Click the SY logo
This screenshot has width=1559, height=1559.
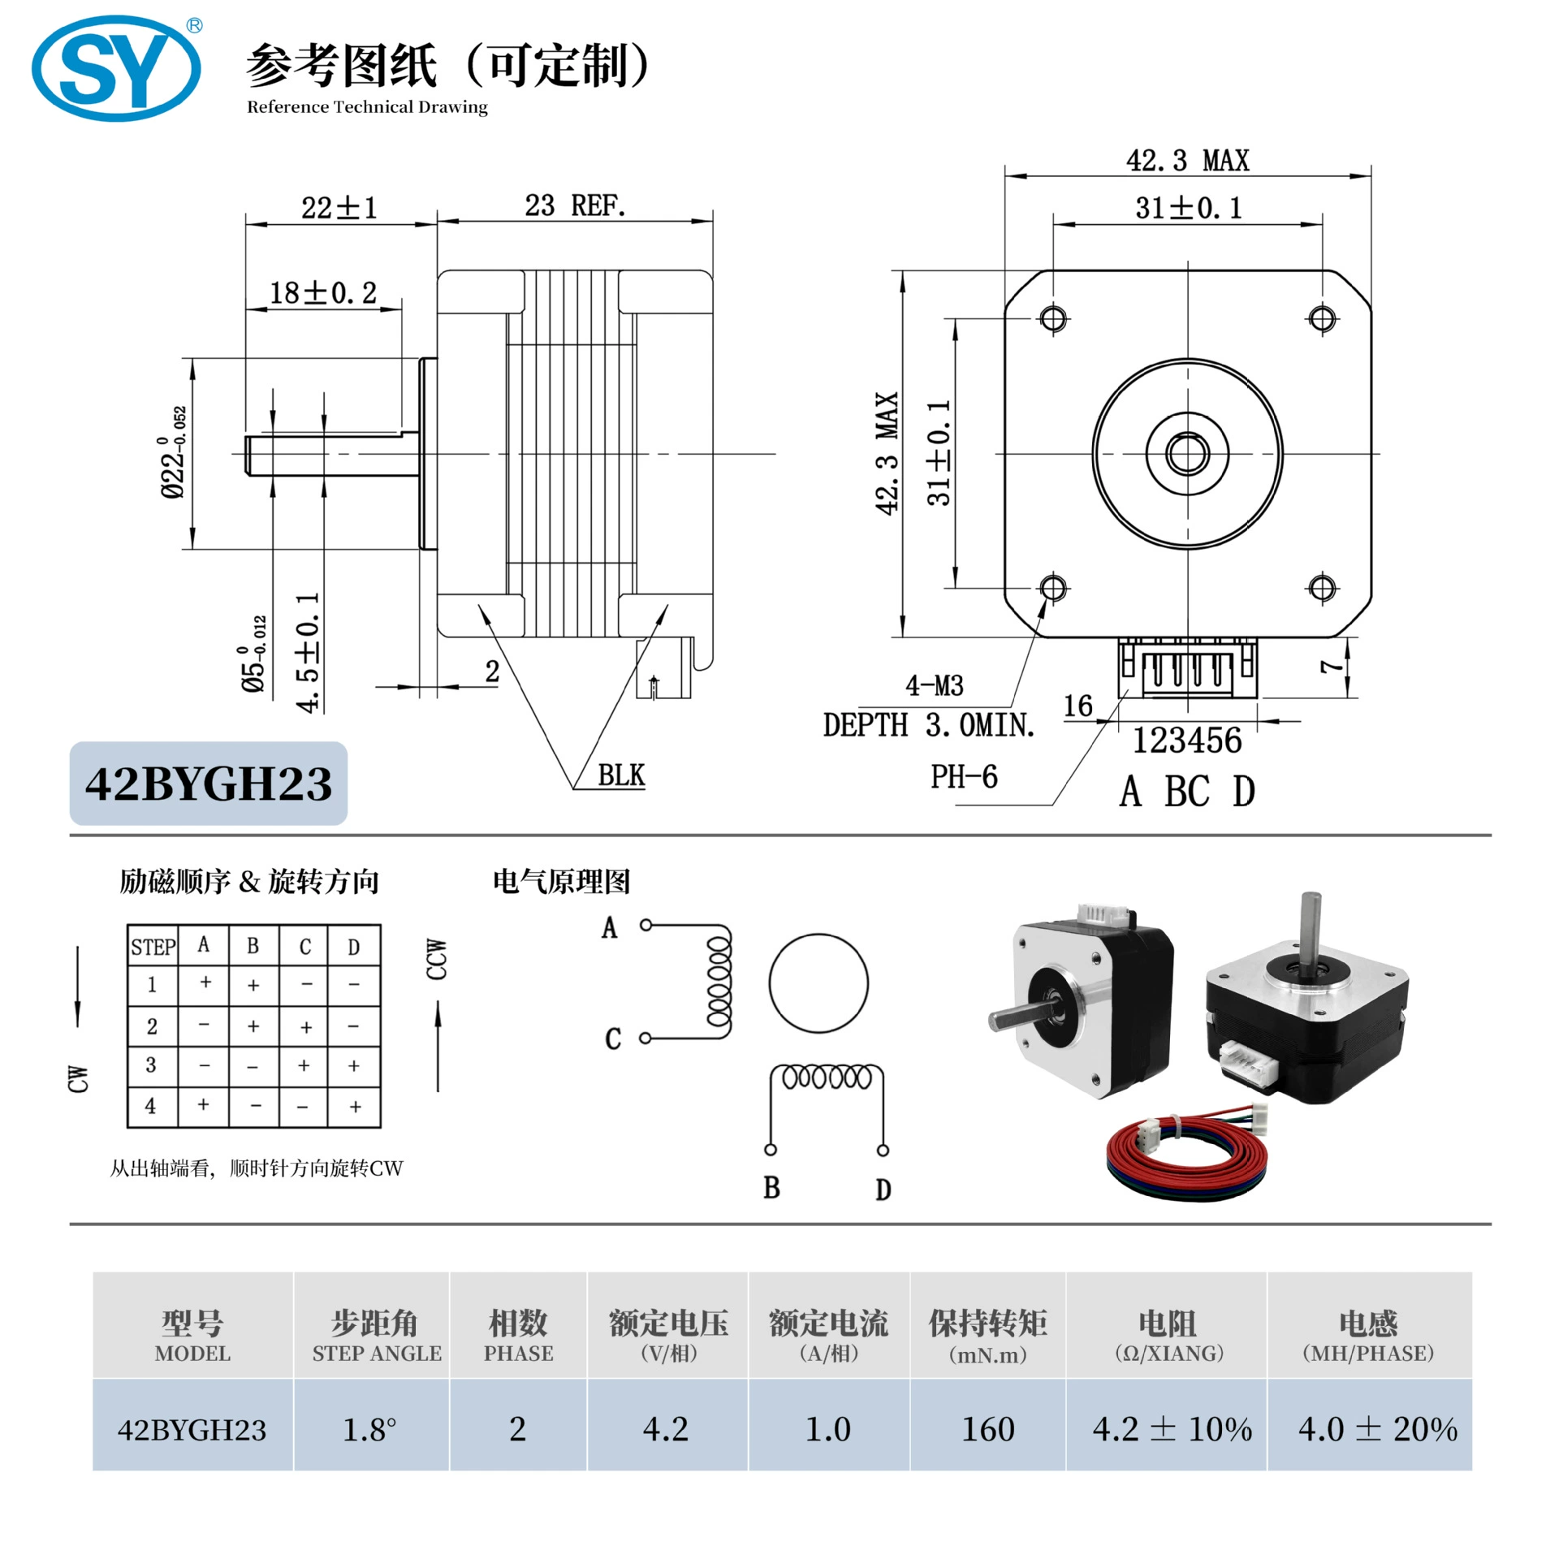(116, 69)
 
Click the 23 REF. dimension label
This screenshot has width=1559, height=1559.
(575, 205)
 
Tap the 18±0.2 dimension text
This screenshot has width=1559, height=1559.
(323, 292)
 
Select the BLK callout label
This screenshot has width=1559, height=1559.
(621, 775)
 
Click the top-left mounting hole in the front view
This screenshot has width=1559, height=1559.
(1053, 317)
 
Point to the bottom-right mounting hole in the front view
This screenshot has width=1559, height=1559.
(1322, 587)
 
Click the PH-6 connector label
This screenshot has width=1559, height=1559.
(964, 777)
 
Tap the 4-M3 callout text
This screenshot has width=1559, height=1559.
(935, 685)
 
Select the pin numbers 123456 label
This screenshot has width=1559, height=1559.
(1187, 741)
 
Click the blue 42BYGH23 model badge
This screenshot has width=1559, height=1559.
(209, 784)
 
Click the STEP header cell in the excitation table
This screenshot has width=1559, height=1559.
(153, 946)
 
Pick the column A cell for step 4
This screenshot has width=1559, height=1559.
(203, 1105)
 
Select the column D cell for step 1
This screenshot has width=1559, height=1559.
(354, 985)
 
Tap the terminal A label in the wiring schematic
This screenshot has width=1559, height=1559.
(610, 927)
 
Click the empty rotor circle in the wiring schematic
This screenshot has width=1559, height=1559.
(818, 983)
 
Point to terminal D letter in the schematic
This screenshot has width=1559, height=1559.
(883, 1190)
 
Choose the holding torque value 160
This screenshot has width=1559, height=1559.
(988, 1429)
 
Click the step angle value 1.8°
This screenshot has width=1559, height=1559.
(369, 1429)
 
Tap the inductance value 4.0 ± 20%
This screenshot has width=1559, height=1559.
(1378, 1429)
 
